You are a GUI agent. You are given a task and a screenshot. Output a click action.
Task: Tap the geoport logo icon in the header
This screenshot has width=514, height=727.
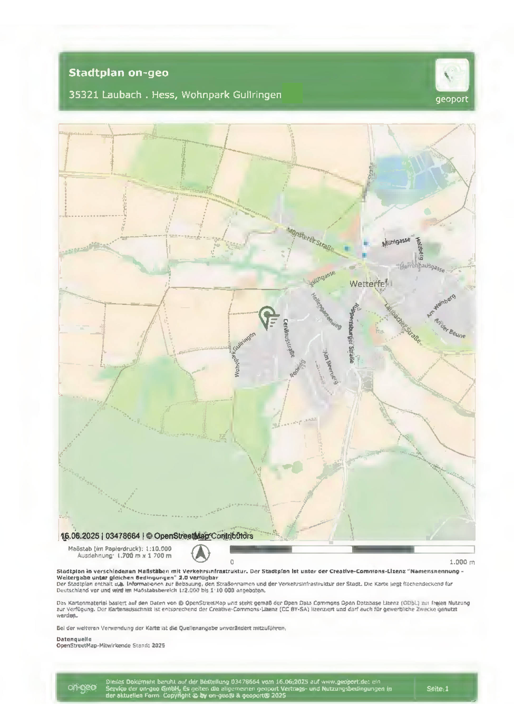point(452,75)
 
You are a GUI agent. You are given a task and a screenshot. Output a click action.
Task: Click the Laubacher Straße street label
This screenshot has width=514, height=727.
point(403,323)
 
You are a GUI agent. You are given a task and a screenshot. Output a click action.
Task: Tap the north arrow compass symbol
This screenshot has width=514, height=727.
point(201,553)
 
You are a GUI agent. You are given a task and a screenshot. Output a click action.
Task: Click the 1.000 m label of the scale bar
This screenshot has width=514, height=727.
point(462,562)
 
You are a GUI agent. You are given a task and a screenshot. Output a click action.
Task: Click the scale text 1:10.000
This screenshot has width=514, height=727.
point(158,549)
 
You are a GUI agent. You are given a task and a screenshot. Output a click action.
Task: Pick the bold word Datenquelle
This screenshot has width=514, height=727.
point(74,639)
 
